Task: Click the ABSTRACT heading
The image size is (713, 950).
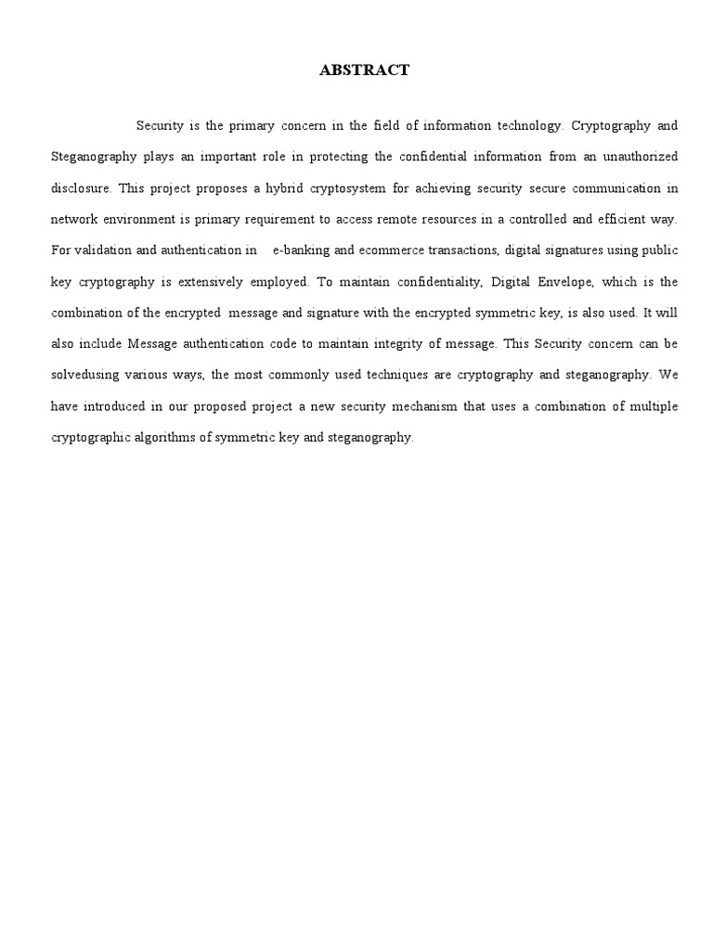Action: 364,71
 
